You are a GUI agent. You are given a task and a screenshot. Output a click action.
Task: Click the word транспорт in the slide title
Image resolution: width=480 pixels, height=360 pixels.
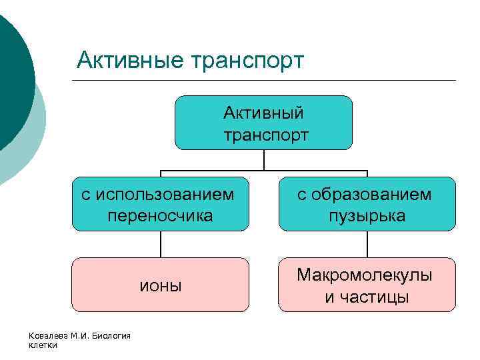(248, 61)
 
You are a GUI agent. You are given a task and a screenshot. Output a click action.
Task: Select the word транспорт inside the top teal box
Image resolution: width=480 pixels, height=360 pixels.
(266, 135)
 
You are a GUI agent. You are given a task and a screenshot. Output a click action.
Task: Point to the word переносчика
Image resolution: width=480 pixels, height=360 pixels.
(160, 215)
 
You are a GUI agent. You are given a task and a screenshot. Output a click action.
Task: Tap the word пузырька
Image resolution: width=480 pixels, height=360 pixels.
(367, 216)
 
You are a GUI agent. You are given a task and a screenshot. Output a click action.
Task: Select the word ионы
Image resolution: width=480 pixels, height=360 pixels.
(160, 285)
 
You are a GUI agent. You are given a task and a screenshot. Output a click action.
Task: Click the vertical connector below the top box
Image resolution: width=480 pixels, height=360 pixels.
(264, 159)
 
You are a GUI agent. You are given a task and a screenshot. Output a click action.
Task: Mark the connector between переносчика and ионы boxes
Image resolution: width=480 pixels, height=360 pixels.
(161, 244)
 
